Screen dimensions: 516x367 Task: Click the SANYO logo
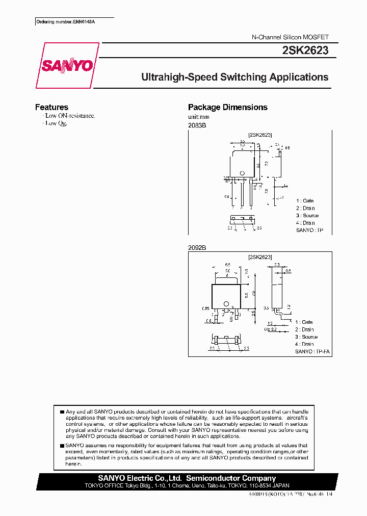[67, 66]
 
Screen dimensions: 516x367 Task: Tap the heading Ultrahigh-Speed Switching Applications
[234, 78]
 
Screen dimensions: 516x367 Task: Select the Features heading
[51, 107]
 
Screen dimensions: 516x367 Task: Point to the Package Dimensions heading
[227, 107]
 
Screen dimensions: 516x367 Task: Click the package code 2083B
[197, 125]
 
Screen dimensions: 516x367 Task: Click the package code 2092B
[197, 247]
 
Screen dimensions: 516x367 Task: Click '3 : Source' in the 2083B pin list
[307, 215]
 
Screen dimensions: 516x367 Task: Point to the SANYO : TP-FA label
[312, 352]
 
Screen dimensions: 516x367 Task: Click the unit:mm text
[199, 117]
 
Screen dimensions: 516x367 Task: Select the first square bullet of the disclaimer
[62, 411]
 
